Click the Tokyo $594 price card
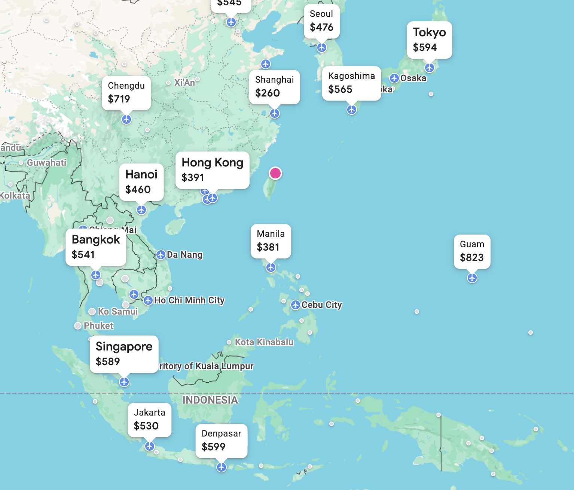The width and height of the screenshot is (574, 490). tap(429, 40)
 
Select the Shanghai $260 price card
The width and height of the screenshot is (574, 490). tap(274, 86)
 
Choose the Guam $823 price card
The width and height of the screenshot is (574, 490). tap(472, 251)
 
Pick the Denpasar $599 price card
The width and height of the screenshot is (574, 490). tap(221, 440)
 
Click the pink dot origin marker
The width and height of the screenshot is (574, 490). tap(275, 173)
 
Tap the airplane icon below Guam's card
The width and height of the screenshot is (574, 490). tap(472, 278)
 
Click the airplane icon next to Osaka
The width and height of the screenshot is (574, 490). tap(394, 78)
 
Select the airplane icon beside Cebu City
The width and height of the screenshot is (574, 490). tap(296, 305)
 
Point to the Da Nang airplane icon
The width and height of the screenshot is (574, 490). tap(161, 255)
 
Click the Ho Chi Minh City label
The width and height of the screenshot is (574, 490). tap(189, 300)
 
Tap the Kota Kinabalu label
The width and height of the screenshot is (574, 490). tap(264, 342)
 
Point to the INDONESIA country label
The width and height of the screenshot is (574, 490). tap(210, 400)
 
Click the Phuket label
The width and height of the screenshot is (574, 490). tap(98, 326)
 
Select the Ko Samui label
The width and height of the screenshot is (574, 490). tap(118, 312)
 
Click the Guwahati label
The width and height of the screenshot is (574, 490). tap(47, 163)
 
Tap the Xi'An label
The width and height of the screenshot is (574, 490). tap(184, 83)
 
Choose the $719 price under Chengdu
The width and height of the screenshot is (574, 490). tap(119, 99)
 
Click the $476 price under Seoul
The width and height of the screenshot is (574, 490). tap(321, 27)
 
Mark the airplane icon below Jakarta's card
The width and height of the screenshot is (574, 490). tap(150, 446)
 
